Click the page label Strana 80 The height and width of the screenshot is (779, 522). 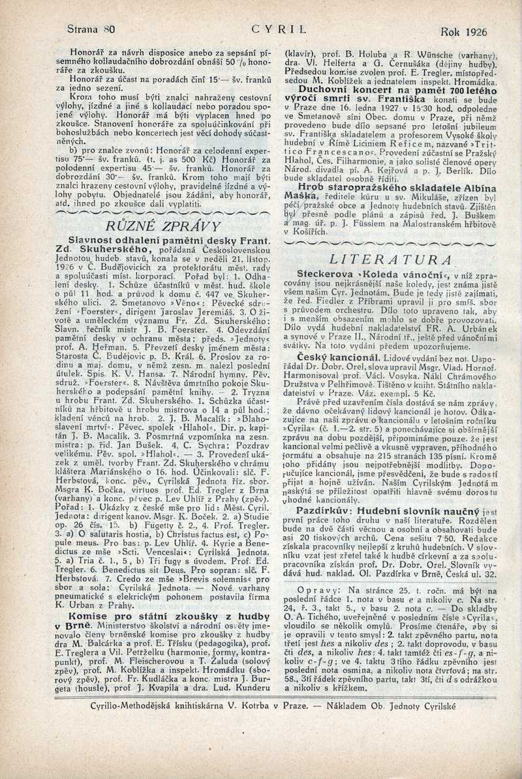point(91,29)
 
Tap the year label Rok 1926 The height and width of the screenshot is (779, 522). point(464,31)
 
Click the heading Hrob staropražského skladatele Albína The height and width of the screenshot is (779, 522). point(392,186)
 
